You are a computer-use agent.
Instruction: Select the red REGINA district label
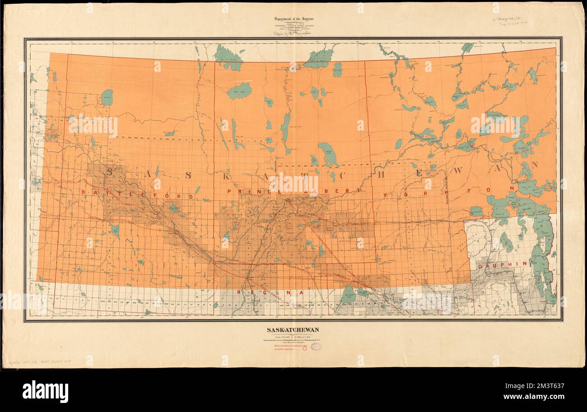click(x=266, y=293)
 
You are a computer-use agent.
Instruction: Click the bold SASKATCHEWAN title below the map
click(x=292, y=330)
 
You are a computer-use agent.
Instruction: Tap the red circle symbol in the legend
click(x=304, y=348)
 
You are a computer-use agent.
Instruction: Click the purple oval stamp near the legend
click(x=316, y=346)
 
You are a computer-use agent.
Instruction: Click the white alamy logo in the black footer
click(x=45, y=391)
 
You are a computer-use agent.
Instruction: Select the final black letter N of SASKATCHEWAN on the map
click(x=535, y=165)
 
